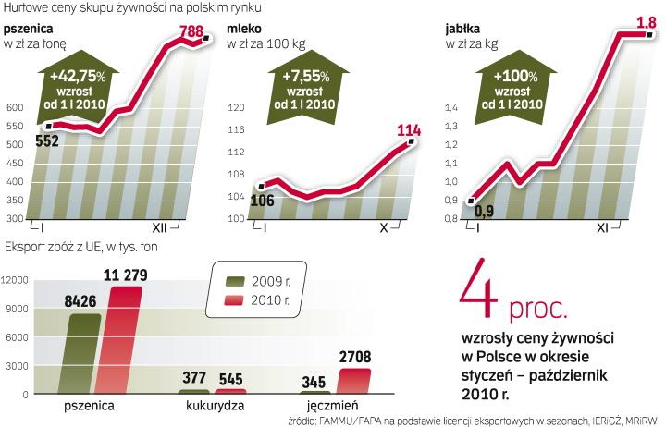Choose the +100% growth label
(x=516, y=76)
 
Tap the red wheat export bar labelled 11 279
(x=128, y=338)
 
